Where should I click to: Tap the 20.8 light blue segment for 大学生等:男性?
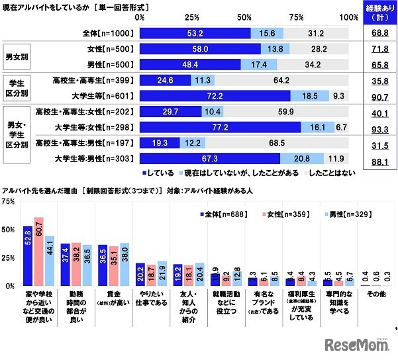coord(301,157)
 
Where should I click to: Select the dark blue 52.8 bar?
coord(28,255)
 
